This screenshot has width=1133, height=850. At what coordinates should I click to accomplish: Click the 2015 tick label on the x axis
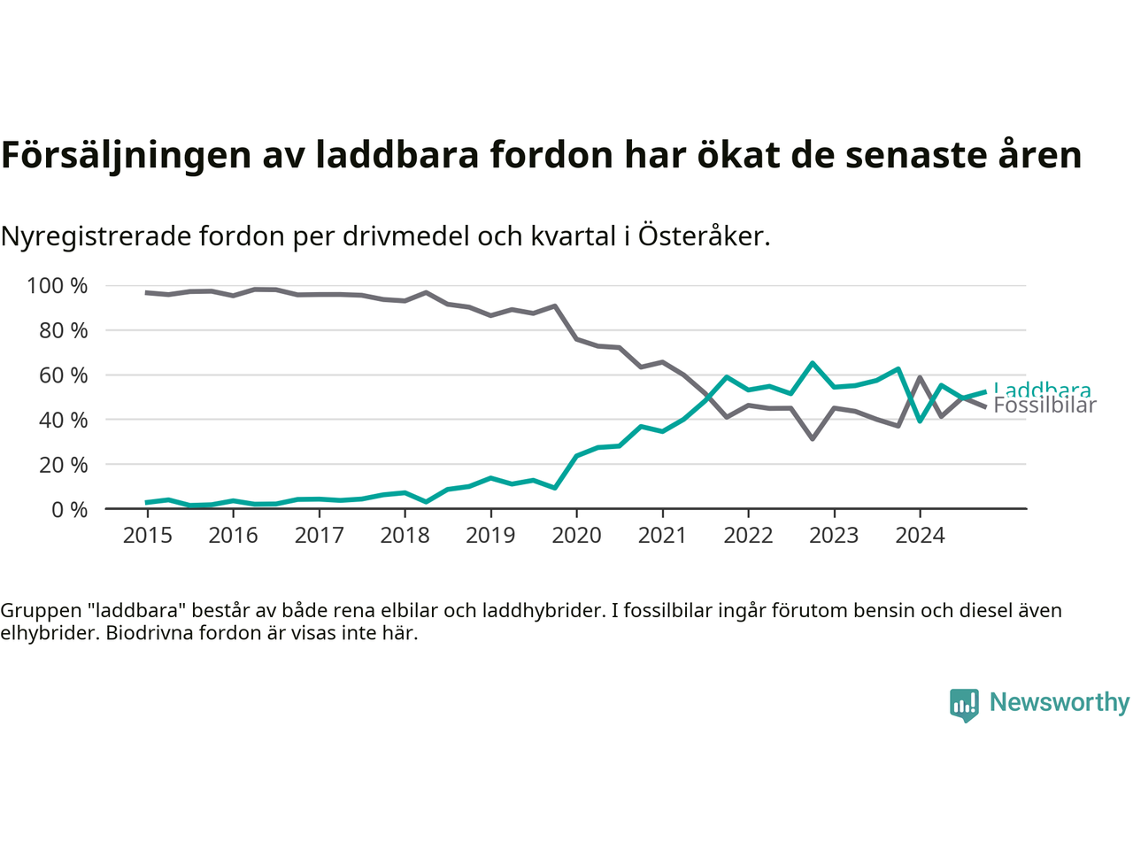(x=147, y=536)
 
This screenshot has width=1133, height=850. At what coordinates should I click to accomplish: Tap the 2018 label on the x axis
(x=405, y=536)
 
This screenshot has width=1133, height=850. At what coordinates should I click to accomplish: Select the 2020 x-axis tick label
(x=576, y=536)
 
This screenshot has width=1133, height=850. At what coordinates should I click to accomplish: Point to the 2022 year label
(x=748, y=536)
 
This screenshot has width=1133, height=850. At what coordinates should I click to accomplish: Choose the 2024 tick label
(x=920, y=536)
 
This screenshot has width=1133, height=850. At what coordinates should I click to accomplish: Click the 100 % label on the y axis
(x=58, y=286)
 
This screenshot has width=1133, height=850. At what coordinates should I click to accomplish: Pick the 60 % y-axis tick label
(x=63, y=375)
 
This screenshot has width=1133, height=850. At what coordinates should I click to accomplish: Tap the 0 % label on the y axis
(x=69, y=509)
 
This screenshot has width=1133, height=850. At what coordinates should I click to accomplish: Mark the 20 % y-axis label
(x=63, y=465)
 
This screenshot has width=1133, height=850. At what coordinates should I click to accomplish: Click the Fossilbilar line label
(x=1044, y=406)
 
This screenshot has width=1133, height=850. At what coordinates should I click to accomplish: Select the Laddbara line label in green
(x=1042, y=388)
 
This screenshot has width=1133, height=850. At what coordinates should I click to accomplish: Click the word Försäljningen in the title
(x=126, y=155)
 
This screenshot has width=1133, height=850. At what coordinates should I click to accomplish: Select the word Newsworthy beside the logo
(x=1060, y=702)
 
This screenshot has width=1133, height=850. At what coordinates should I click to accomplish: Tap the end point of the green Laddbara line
(x=985, y=391)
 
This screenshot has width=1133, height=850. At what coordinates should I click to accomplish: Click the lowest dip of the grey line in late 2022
(x=813, y=438)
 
